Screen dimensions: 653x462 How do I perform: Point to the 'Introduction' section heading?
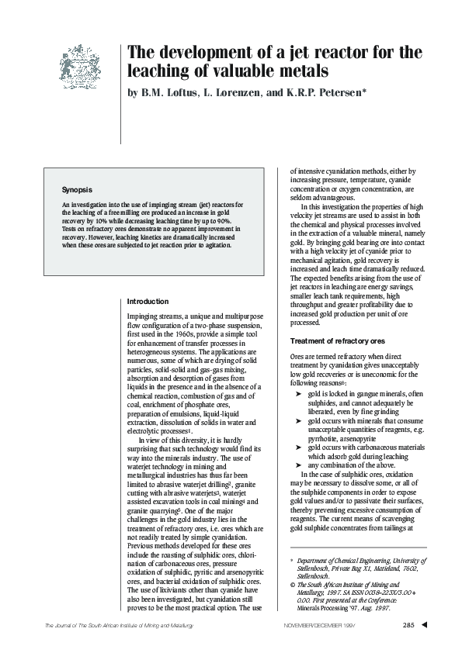pos(148,301)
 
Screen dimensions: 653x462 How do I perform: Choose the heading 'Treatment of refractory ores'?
pos(337,341)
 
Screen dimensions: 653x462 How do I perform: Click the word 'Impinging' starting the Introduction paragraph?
pos(144,318)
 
